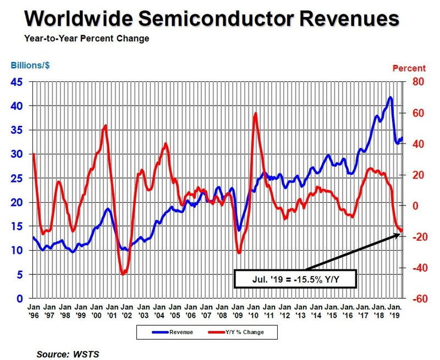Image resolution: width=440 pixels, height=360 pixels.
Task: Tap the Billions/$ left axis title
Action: click(x=31, y=67)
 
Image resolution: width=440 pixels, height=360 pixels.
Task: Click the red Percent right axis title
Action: click(x=408, y=69)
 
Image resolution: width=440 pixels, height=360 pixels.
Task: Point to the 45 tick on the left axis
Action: click(x=18, y=82)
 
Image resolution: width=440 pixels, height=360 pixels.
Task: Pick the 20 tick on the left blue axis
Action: click(x=18, y=202)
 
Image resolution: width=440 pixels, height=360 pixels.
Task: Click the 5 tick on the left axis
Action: click(x=20, y=275)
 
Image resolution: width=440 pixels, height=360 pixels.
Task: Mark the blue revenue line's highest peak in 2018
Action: click(x=390, y=97)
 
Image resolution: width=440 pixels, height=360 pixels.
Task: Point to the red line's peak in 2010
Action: click(x=255, y=113)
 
